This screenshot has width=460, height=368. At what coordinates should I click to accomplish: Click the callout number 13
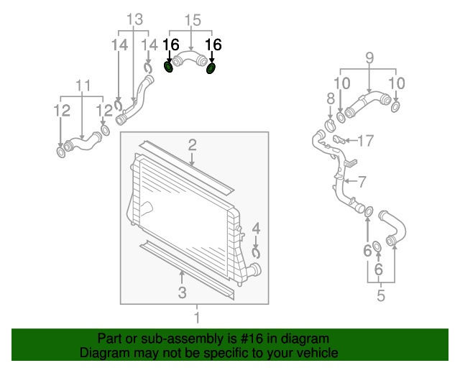(x=134, y=19)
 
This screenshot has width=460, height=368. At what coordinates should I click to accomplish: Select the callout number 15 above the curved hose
(x=193, y=20)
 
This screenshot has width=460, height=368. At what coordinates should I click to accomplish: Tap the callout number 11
(x=83, y=86)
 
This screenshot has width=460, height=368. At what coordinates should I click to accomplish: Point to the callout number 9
(x=369, y=57)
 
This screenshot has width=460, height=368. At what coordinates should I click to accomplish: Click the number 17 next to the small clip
(x=365, y=141)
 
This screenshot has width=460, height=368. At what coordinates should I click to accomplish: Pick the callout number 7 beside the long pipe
(x=362, y=182)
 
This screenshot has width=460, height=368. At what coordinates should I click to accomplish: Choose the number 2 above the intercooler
(x=192, y=145)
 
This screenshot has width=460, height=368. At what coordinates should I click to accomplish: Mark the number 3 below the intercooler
(x=182, y=293)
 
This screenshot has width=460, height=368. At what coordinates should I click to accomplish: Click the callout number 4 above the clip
(x=256, y=229)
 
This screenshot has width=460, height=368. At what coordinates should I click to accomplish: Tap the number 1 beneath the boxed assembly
(x=197, y=318)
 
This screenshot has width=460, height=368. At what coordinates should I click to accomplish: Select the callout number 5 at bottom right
(x=381, y=295)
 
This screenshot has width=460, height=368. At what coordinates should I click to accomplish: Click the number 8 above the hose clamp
(x=331, y=99)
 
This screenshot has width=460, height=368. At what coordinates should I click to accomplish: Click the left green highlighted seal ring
(x=168, y=68)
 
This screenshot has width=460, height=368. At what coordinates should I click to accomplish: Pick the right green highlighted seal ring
(x=211, y=68)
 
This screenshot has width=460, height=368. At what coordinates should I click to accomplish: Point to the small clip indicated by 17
(x=339, y=139)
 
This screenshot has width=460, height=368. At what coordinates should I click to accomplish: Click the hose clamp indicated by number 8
(x=331, y=126)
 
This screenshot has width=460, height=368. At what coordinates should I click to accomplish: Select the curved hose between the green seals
(x=190, y=57)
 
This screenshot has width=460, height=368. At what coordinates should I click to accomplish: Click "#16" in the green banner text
(x=252, y=339)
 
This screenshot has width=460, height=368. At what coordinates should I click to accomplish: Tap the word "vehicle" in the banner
(x=318, y=353)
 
